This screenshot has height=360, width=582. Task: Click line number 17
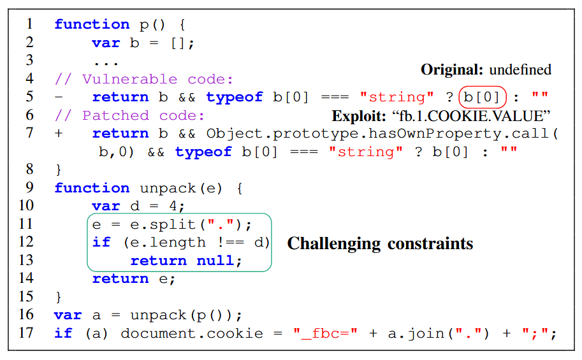tap(26, 333)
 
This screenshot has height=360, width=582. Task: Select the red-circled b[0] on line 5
tap(482, 97)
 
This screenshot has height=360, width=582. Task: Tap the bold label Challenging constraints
tap(380, 243)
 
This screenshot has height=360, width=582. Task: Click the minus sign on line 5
tap(59, 97)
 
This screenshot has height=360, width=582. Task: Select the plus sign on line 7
tap(59, 134)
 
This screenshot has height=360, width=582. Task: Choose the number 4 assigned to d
tap(180, 206)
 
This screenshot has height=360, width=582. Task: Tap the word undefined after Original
tap(520, 70)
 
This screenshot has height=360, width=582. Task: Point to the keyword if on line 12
tap(101, 243)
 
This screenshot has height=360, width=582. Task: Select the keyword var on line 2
tap(106, 43)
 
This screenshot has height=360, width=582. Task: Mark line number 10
tap(26, 205)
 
